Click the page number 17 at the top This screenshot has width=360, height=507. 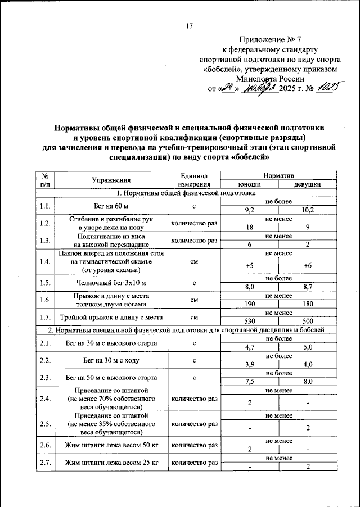189,25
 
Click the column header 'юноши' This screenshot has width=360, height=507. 249,184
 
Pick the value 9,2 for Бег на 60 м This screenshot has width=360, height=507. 249,210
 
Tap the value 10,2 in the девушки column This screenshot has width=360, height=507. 308,210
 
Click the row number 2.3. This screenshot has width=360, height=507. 45,378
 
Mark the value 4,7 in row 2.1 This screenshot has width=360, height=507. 249,347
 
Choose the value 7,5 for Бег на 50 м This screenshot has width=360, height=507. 249,382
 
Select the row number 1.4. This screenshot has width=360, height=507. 45,262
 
